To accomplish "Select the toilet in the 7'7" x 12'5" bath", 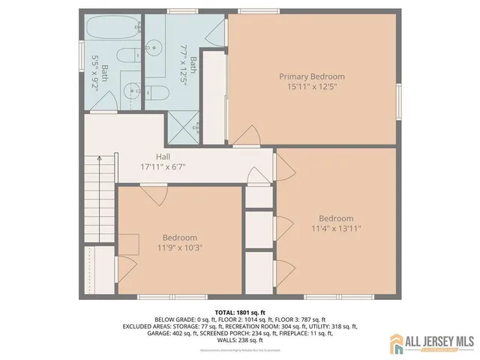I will pyautogui.click(x=160, y=91).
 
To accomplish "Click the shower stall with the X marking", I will pyautogui.click(x=184, y=126).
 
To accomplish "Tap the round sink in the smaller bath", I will pyautogui.click(x=127, y=88).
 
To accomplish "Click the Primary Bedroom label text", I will pyautogui.click(x=312, y=76).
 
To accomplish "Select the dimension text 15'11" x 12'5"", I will pyautogui.click(x=312, y=88).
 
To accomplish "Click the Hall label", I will pyautogui.click(x=163, y=157).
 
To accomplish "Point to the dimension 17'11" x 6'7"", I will pyautogui.click(x=163, y=166).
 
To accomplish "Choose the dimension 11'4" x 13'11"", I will pyautogui.click(x=336, y=229).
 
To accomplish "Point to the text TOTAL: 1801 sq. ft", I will pyautogui.click(x=241, y=311).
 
